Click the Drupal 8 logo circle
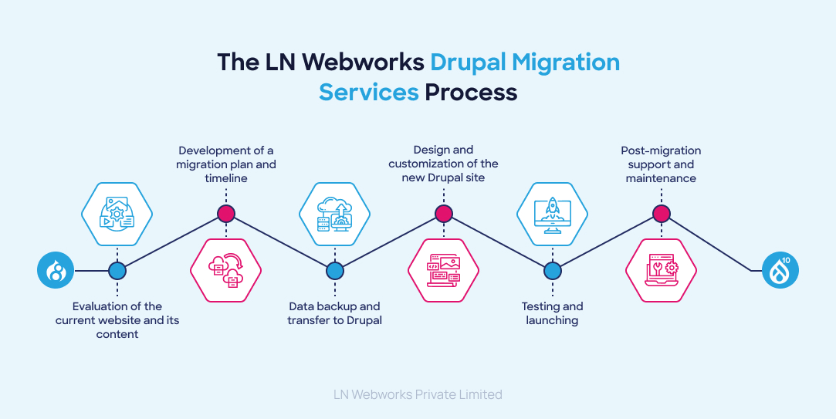tap(56, 271)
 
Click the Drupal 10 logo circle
tap(780, 271)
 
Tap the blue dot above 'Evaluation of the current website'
tap(117, 271)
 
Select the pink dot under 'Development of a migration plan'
tap(226, 214)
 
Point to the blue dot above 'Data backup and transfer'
tap(334, 271)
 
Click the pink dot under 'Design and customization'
tap(443, 214)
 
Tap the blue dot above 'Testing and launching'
tap(552, 271)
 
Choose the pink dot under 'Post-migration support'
tap(660, 214)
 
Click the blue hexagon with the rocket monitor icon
tap(552, 214)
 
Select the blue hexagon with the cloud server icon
tap(334, 214)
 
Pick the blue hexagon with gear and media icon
tap(117, 214)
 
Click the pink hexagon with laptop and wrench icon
tap(660, 270)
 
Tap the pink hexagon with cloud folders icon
tap(226, 270)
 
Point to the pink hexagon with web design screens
tap(443, 270)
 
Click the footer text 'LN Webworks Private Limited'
tap(418, 394)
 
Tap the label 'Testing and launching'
tap(552, 313)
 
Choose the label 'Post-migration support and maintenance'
tap(662, 164)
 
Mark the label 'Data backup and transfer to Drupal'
tap(334, 313)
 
